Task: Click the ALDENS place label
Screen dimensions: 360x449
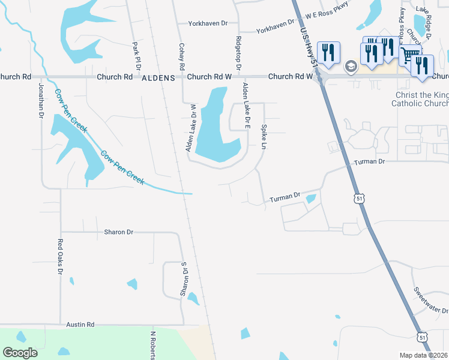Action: [158, 78]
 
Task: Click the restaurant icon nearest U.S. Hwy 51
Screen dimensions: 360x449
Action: [328, 52]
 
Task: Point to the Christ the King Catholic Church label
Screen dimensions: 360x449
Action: [420, 100]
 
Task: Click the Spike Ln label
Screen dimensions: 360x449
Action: [264, 137]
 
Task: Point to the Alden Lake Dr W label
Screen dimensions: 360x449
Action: [192, 128]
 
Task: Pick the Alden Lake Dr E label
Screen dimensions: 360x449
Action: [246, 107]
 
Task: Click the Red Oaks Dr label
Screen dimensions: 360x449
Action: [60, 257]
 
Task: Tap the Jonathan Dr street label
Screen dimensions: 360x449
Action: [41, 100]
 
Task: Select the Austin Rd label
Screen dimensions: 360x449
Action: [80, 325]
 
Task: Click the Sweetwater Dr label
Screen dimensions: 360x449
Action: [430, 300]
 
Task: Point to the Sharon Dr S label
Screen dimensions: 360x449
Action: [184, 279]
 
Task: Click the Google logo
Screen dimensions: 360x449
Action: [20, 353]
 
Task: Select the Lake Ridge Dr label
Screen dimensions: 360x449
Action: [424, 22]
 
